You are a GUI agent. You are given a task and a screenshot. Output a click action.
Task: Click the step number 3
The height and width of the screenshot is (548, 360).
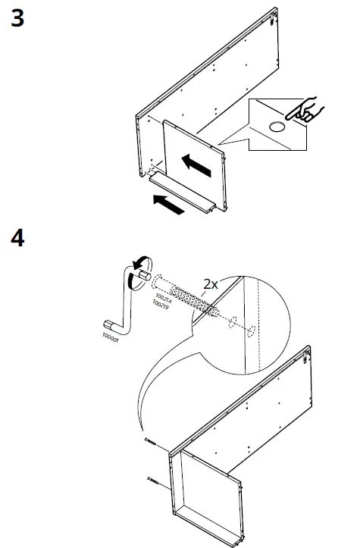pyautogui.click(x=17, y=18)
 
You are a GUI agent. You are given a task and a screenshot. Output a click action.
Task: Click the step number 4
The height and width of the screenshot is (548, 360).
pyautogui.click(x=17, y=239)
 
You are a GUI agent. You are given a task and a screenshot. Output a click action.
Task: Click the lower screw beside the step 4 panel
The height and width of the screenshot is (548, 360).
pyautogui.click(x=154, y=480)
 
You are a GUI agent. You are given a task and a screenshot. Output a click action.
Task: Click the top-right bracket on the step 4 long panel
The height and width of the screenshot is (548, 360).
pyautogui.click(x=309, y=352)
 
